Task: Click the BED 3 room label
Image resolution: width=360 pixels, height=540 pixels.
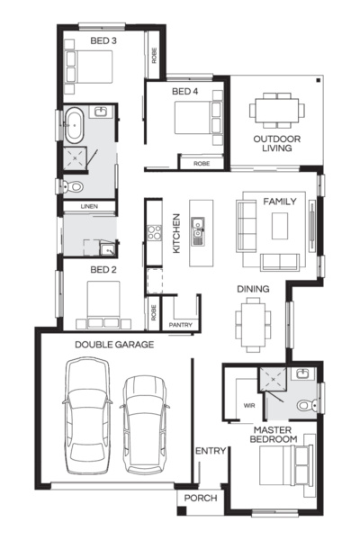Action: (x=103, y=40)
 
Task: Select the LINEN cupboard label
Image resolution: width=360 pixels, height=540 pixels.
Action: (x=88, y=206)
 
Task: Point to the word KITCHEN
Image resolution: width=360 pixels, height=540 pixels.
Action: (x=177, y=233)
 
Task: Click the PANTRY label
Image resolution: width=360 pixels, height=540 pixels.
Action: (x=180, y=324)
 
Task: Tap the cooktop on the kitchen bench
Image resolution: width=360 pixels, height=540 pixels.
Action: (x=153, y=232)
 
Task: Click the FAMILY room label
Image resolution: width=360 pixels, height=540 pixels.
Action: (x=279, y=202)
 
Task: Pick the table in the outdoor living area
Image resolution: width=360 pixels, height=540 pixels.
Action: (x=276, y=111)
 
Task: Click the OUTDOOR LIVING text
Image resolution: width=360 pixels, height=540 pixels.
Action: (x=276, y=144)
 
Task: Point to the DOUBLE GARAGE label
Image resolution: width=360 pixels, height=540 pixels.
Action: (x=113, y=344)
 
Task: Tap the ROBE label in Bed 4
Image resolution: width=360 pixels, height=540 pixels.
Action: (x=201, y=164)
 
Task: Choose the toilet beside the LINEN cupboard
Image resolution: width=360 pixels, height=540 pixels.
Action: (x=74, y=187)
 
